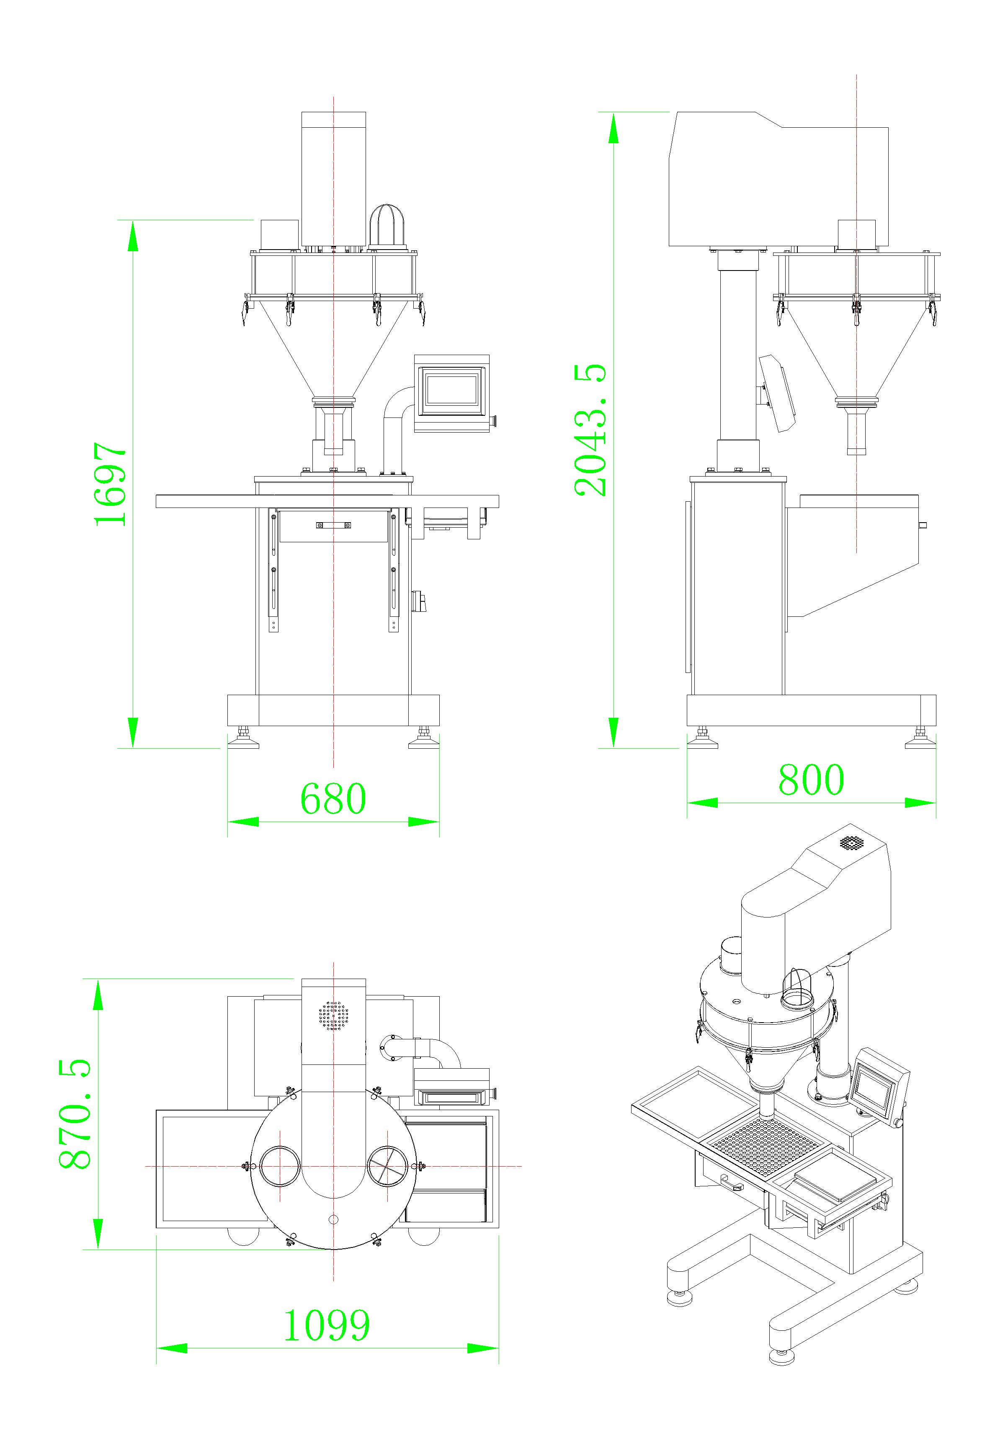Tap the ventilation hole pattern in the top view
tap(333, 1015)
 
